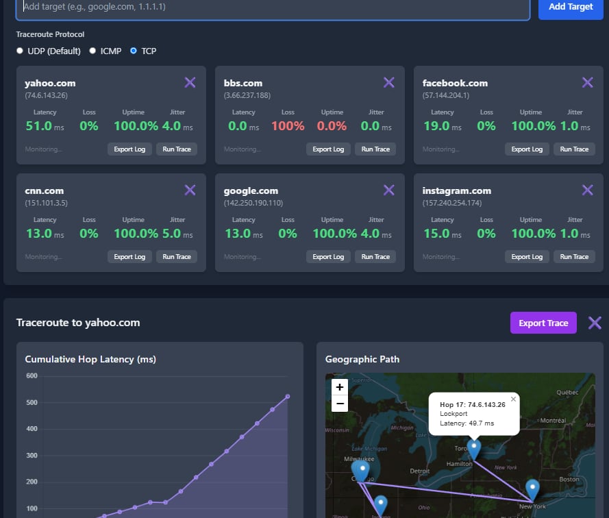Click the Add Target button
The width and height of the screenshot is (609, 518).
point(570,7)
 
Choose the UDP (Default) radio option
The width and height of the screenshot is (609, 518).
point(21,51)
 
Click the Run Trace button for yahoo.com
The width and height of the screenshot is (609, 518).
point(177,149)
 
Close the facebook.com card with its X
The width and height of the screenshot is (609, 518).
point(587,83)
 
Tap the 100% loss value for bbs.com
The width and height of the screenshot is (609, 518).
point(288,126)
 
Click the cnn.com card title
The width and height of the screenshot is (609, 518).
point(44,191)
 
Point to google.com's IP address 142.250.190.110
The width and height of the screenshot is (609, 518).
point(253,203)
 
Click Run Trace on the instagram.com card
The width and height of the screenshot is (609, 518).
point(574,257)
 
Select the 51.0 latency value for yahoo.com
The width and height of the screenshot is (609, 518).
point(38,126)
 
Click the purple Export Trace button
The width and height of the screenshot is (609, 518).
point(543,323)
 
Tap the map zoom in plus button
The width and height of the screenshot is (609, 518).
point(340,387)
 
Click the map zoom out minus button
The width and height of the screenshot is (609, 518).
point(340,404)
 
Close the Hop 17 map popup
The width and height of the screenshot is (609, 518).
point(514,399)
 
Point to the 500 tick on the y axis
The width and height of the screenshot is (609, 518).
point(32,403)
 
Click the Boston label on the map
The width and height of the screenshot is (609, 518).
point(570,480)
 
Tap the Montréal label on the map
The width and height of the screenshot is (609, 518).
point(552,420)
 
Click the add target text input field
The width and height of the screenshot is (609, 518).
point(274,7)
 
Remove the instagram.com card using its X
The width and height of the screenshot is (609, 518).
point(587,190)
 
